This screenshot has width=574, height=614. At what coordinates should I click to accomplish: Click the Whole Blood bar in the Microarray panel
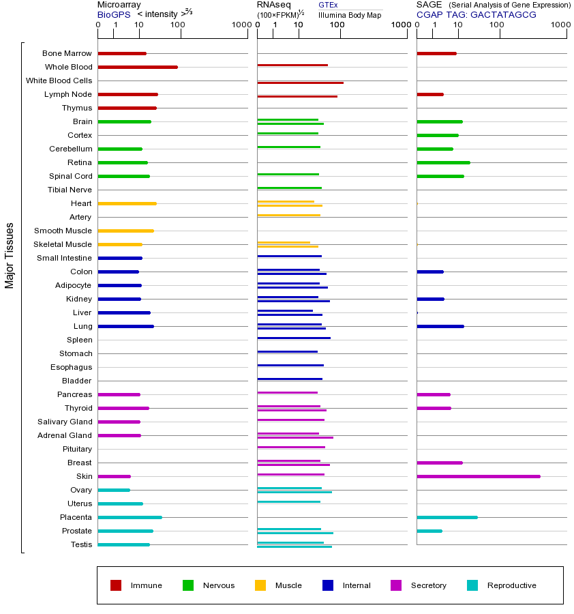[x=138, y=67]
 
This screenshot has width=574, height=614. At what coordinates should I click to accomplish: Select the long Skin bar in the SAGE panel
[x=478, y=476]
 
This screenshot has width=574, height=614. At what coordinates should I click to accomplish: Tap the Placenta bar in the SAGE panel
[x=447, y=517]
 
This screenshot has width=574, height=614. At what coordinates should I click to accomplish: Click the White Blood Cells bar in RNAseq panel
[x=300, y=83]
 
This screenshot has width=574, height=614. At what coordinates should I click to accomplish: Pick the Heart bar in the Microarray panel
[x=127, y=203]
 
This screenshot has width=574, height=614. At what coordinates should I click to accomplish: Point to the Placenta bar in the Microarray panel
[x=130, y=517]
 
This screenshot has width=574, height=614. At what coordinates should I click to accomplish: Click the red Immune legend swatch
[x=116, y=585]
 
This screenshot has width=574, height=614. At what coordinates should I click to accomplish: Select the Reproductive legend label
[x=511, y=585]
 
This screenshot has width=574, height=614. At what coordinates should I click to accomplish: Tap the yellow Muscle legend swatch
[x=260, y=585]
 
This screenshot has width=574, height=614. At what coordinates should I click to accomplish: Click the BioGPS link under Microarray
[x=114, y=14]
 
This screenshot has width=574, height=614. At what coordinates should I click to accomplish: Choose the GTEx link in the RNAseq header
[x=328, y=5]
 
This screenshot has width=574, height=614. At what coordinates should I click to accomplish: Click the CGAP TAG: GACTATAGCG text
[x=477, y=14]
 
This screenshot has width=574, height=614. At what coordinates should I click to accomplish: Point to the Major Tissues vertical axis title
[x=10, y=255]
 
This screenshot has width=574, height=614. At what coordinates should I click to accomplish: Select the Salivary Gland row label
[x=65, y=422]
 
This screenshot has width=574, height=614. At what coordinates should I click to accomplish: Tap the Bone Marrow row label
[x=67, y=53]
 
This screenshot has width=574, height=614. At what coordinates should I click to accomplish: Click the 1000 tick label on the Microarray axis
[x=241, y=25]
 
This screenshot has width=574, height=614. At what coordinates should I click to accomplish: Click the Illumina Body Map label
[x=350, y=14]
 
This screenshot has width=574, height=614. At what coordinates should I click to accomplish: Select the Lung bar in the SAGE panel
[x=440, y=326]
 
